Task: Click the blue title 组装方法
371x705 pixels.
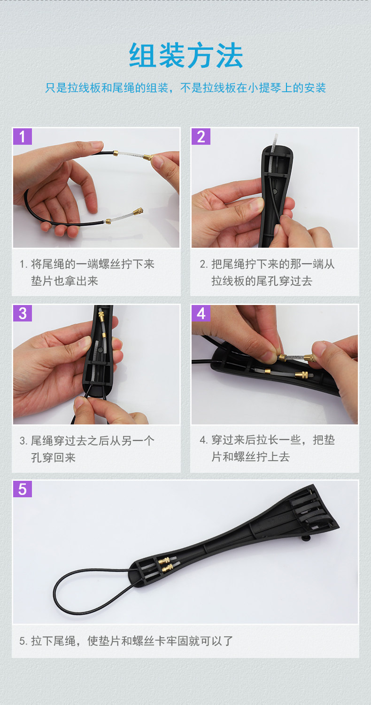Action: (x=186, y=55)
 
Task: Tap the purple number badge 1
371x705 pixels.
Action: (x=23, y=137)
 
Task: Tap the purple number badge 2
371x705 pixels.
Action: (x=201, y=137)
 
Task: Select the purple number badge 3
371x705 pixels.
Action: (x=23, y=313)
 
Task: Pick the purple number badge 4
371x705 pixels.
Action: (x=201, y=313)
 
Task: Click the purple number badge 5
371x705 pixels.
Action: (x=23, y=489)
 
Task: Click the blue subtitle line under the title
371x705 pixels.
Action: (x=185, y=88)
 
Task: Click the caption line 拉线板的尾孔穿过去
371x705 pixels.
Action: (x=262, y=281)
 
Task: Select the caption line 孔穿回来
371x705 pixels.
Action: (x=54, y=457)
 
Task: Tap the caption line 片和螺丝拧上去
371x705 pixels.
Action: (x=251, y=456)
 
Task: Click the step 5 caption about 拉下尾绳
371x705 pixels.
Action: (x=126, y=641)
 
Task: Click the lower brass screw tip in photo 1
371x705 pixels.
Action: (x=139, y=211)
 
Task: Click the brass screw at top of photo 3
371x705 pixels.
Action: (x=101, y=315)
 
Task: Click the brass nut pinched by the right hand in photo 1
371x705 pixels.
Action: (x=148, y=157)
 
